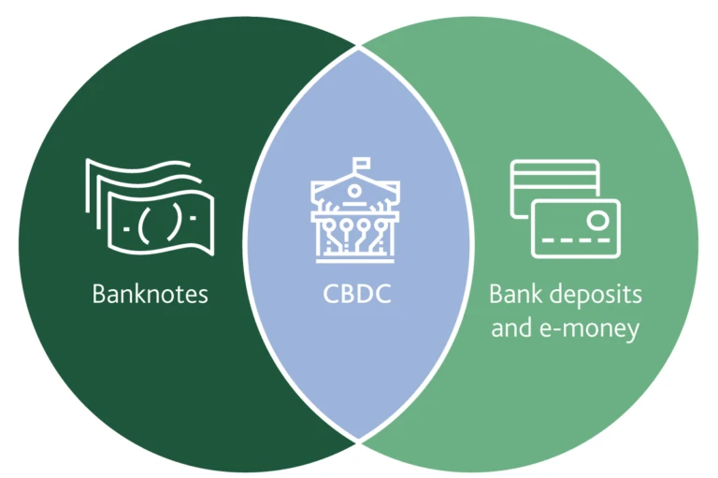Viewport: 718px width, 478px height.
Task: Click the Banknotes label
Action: click(150, 294)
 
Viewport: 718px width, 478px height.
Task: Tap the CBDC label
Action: click(357, 295)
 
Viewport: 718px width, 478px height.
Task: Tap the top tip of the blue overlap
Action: click(358, 50)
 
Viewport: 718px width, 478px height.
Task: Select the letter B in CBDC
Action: click(347, 295)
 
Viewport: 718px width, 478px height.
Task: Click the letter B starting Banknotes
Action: click(98, 294)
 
